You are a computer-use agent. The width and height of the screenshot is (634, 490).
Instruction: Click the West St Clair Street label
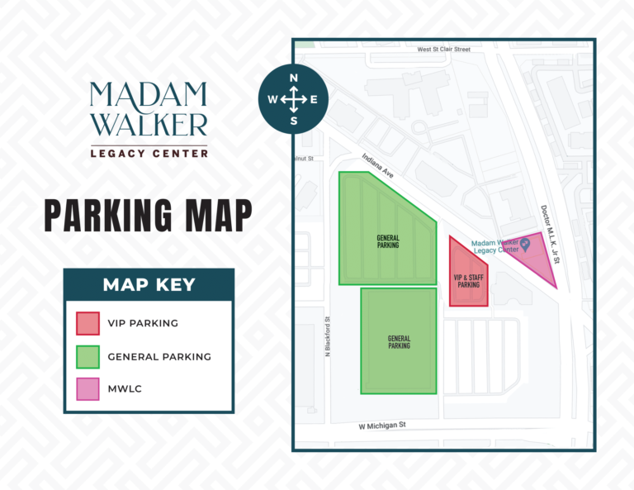pyautogui.click(x=443, y=50)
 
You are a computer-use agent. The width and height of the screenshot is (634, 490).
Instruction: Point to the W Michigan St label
pyautogui.click(x=384, y=427)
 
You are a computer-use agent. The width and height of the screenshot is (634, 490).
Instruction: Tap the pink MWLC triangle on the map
pyautogui.click(x=532, y=260)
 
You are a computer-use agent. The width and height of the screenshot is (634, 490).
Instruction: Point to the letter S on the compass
pyautogui.click(x=293, y=121)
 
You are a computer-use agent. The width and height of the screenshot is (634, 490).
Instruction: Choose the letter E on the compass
pyautogui.click(x=314, y=100)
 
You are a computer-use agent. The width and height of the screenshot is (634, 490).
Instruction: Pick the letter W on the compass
pyautogui.click(x=272, y=100)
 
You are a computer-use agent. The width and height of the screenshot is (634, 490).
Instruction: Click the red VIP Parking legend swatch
pyautogui.click(x=88, y=323)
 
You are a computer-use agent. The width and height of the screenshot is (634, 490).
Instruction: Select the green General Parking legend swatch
pyautogui.click(x=88, y=357)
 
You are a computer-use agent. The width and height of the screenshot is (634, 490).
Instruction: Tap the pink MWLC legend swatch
pyautogui.click(x=88, y=389)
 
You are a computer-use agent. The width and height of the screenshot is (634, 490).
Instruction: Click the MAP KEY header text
pyautogui.click(x=149, y=285)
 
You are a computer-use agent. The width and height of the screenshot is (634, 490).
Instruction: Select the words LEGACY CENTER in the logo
pyautogui.click(x=149, y=152)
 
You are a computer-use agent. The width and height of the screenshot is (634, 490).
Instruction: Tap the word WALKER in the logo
pyautogui.click(x=149, y=124)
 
